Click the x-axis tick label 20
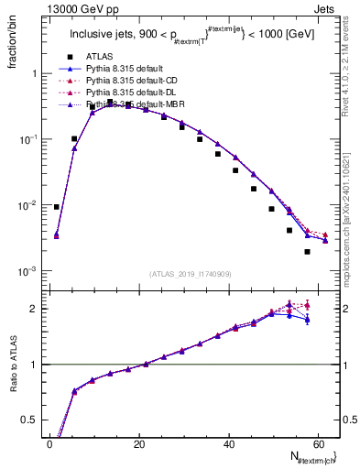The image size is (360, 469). (139, 443)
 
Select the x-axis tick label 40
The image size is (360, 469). (229, 443)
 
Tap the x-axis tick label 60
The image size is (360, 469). (319, 443)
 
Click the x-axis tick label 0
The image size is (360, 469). (49, 443)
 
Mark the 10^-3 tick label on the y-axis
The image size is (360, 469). (27, 272)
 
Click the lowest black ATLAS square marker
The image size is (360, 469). (307, 251)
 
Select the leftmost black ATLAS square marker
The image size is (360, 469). (57, 207)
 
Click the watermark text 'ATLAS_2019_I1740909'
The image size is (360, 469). (190, 274)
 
